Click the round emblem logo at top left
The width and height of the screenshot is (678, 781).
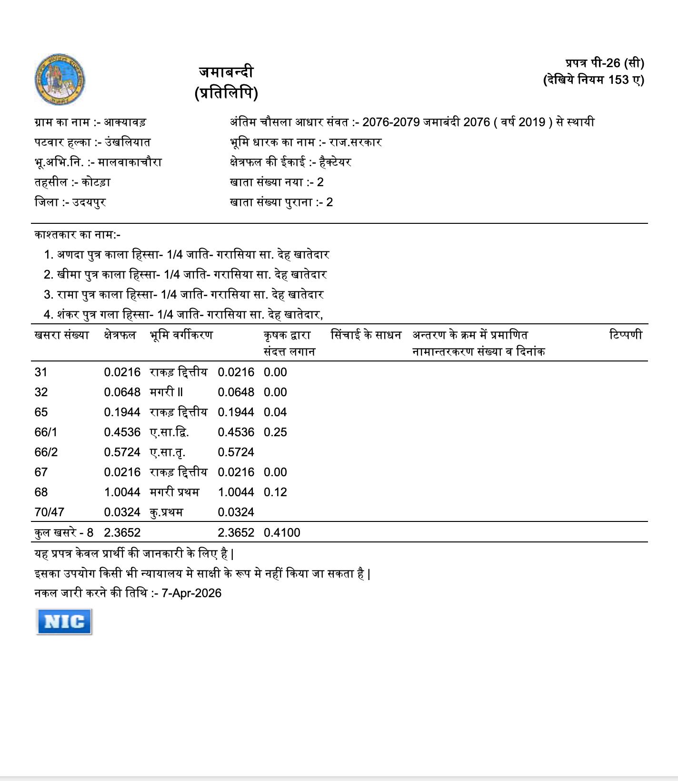click(60, 79)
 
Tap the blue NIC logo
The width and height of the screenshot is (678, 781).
click(64, 621)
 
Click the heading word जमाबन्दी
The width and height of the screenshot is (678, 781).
click(226, 72)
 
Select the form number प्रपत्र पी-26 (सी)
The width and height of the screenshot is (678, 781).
click(605, 63)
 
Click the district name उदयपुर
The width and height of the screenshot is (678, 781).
click(89, 202)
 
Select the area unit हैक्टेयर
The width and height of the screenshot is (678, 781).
click(335, 162)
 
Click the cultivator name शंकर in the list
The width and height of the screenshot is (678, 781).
click(68, 315)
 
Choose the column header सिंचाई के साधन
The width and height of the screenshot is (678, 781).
click(366, 335)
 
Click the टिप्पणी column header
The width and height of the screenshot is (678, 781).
click(626, 335)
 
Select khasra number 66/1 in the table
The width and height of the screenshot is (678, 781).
click(46, 432)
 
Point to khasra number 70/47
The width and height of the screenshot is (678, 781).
click(49, 512)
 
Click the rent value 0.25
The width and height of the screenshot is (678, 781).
click(275, 432)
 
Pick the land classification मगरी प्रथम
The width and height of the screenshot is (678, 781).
click(174, 492)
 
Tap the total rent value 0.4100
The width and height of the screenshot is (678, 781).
click(282, 533)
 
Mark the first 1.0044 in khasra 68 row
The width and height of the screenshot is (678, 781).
click(122, 492)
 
